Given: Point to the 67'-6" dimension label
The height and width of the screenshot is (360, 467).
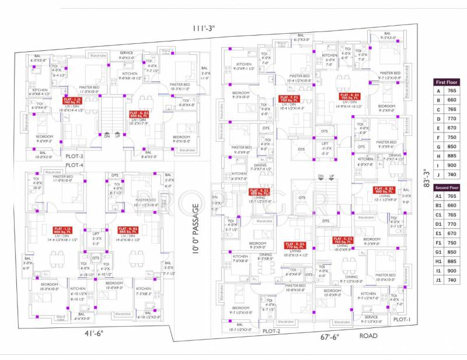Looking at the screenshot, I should (329, 336).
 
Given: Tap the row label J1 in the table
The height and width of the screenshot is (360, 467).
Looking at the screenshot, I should (438, 280).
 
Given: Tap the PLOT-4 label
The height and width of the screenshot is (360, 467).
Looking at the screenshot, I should (74, 165).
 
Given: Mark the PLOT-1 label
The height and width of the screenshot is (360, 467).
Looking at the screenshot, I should (402, 320).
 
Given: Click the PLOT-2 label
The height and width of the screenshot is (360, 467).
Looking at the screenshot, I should (272, 331).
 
